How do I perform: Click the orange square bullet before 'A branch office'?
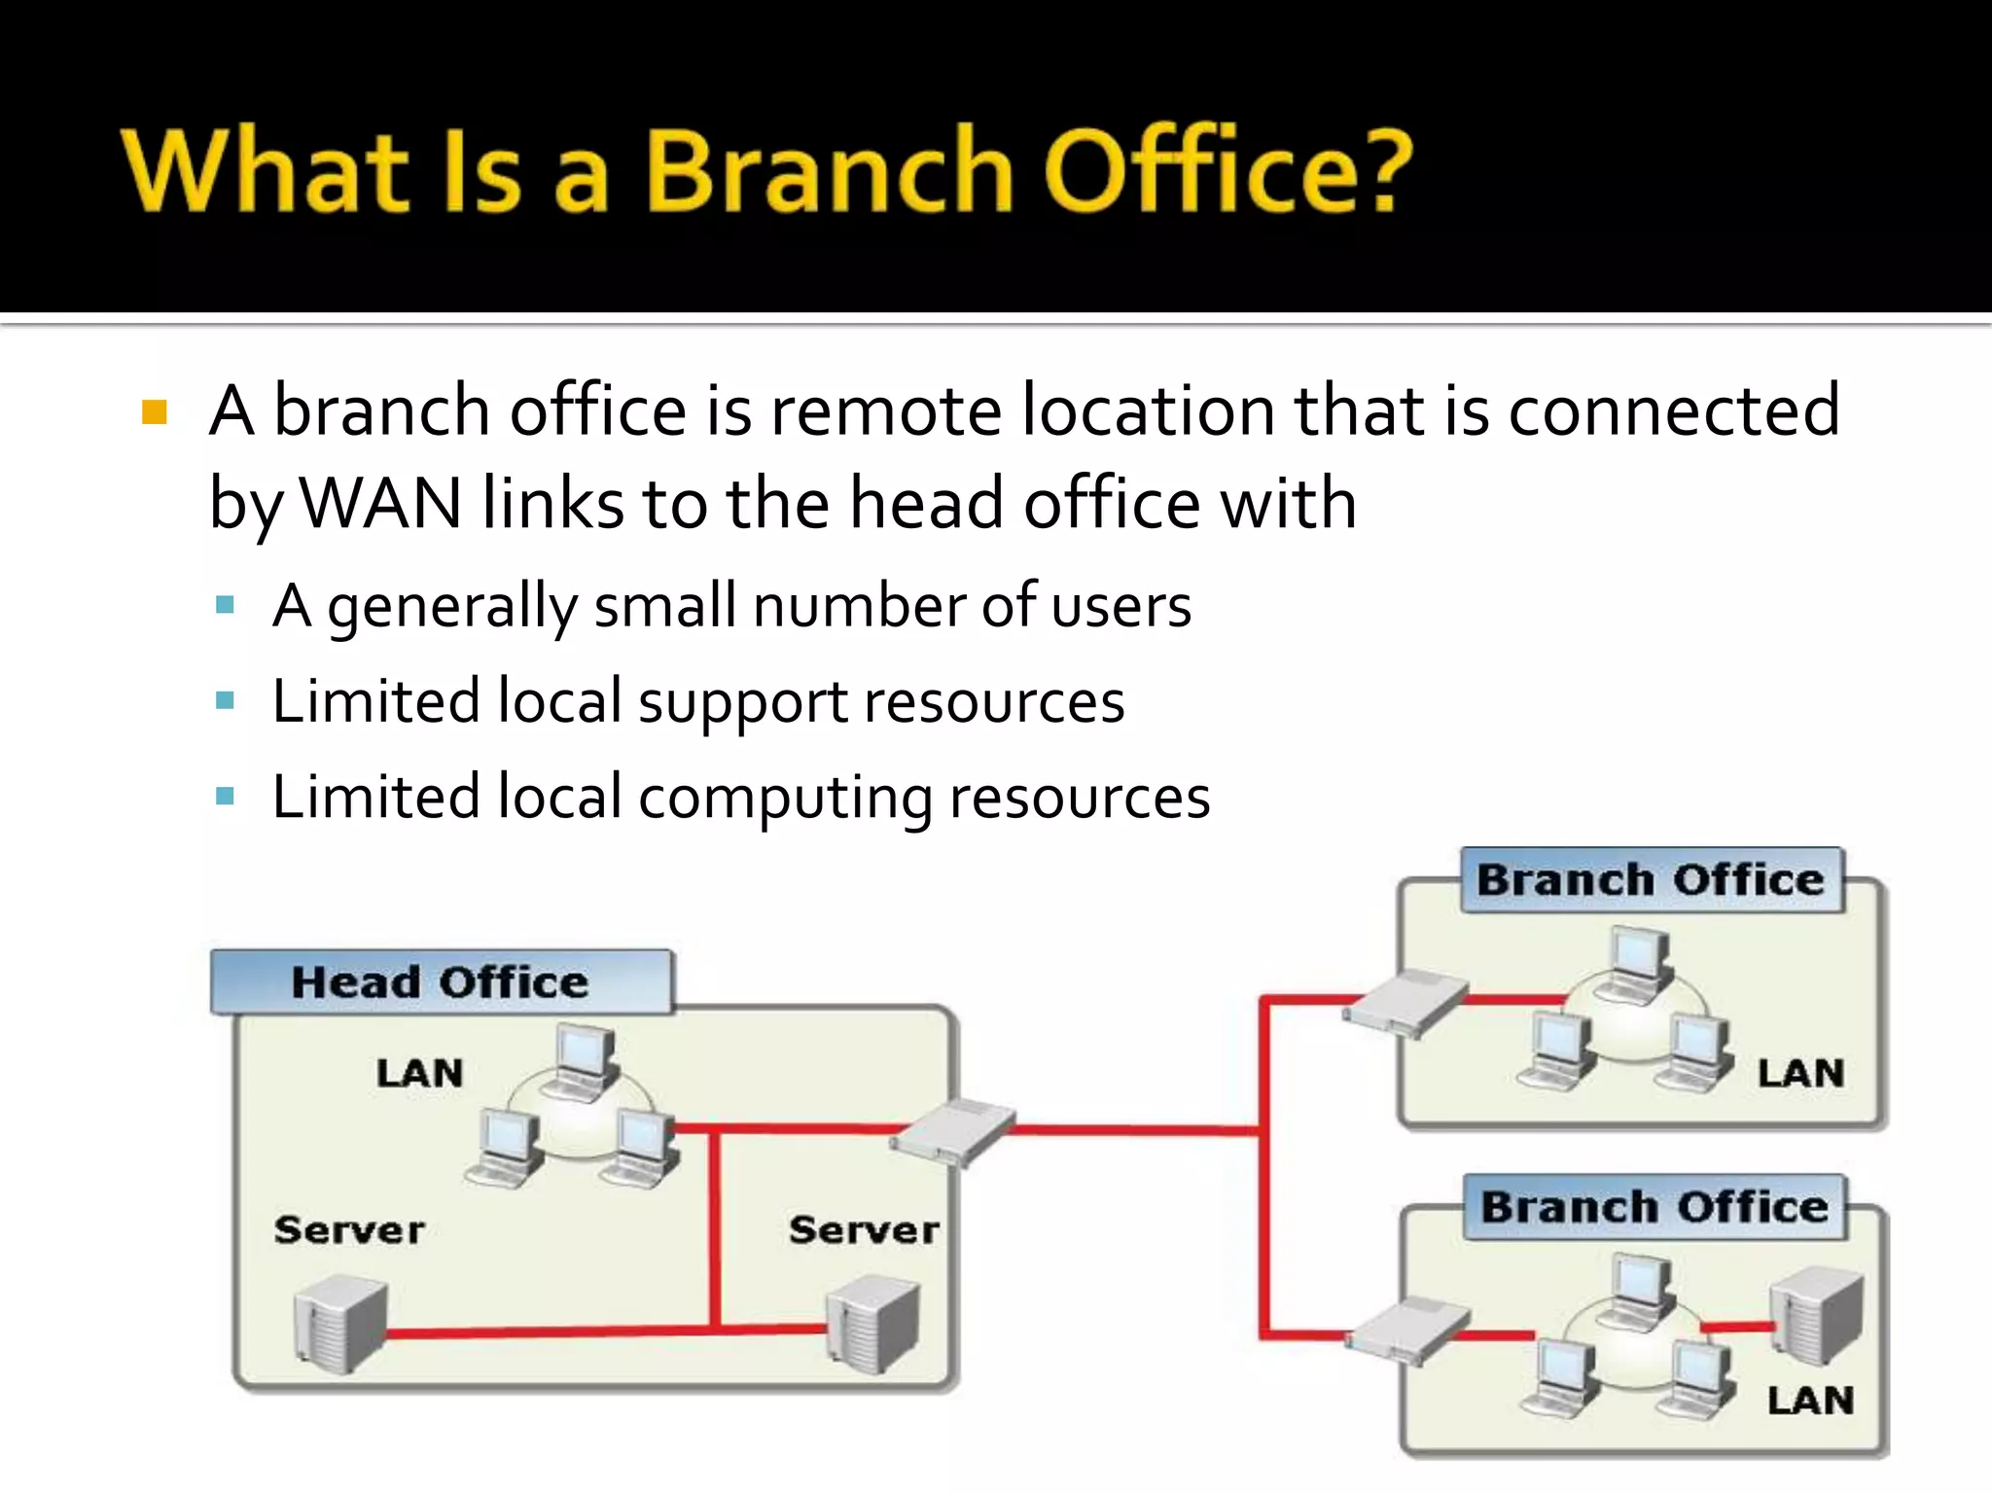coord(154,412)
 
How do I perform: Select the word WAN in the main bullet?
coord(381,504)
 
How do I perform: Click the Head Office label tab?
coord(440,982)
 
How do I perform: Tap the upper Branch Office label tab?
coord(1651,880)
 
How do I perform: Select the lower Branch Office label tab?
coord(1654,1207)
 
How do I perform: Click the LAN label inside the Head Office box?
coord(420,1074)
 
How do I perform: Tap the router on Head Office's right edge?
coord(952,1131)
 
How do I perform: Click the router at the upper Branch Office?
coord(1405,1002)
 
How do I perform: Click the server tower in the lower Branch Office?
coord(1816,1313)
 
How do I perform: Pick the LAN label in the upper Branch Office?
coord(1800,1074)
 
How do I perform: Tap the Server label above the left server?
coord(349,1230)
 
